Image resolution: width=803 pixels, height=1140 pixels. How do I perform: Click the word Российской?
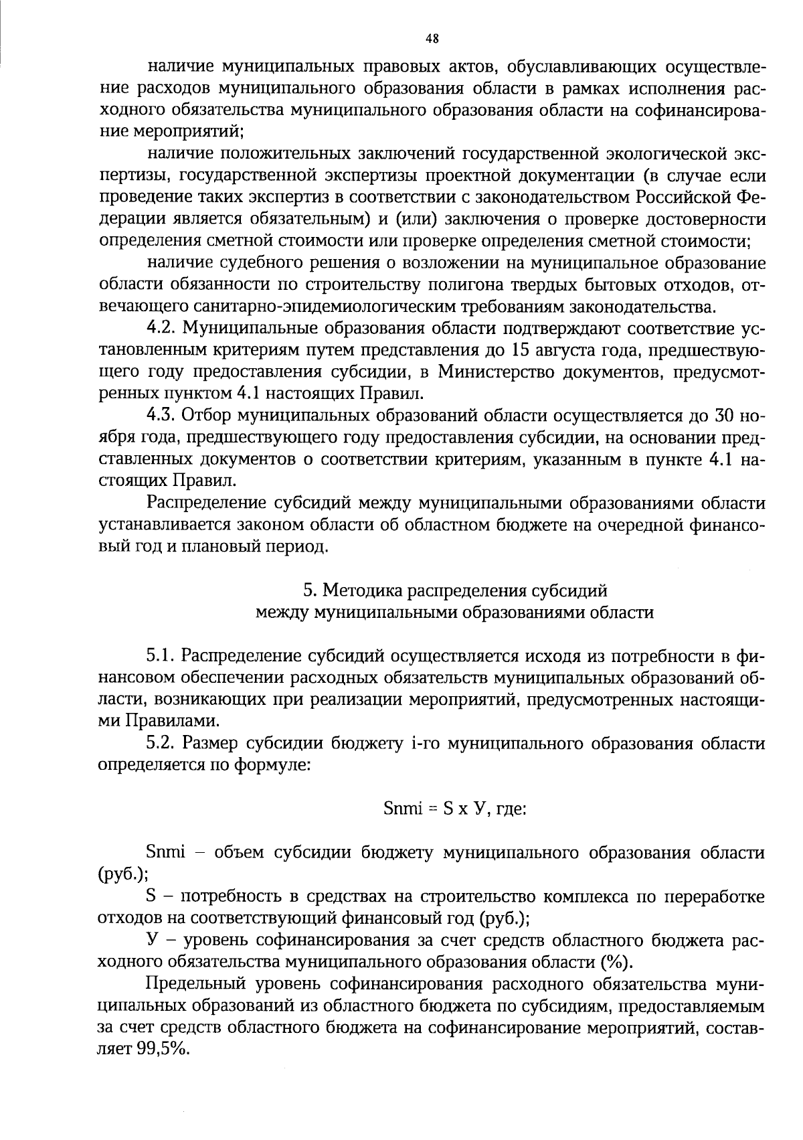coord(682,197)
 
